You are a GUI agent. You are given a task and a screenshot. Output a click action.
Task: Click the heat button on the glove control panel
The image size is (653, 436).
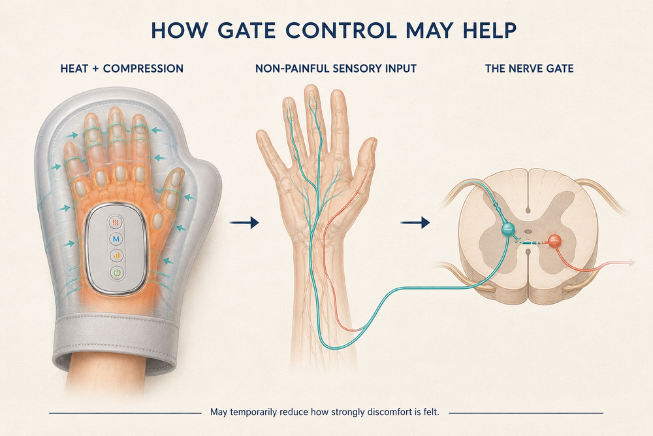(116, 223)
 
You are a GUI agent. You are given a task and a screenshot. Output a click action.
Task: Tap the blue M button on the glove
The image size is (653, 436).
(116, 239)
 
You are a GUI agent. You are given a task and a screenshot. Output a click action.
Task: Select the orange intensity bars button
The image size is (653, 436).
(116, 256)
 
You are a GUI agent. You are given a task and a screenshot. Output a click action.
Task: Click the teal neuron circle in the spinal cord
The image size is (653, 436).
(507, 227)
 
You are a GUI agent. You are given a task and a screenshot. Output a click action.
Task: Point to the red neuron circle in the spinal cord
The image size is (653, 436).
(554, 241)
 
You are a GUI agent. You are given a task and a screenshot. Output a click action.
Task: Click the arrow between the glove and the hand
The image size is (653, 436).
(244, 223)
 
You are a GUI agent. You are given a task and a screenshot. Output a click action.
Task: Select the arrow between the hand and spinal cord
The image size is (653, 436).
(415, 223)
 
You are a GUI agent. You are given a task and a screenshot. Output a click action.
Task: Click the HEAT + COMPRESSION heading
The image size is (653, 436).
(121, 69)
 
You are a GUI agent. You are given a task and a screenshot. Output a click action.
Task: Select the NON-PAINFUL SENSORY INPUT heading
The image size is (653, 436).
(336, 69)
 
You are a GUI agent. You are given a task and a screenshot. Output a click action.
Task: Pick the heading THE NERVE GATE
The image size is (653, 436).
(530, 69)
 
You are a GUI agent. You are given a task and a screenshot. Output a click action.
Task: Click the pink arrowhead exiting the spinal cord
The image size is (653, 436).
(631, 262)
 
